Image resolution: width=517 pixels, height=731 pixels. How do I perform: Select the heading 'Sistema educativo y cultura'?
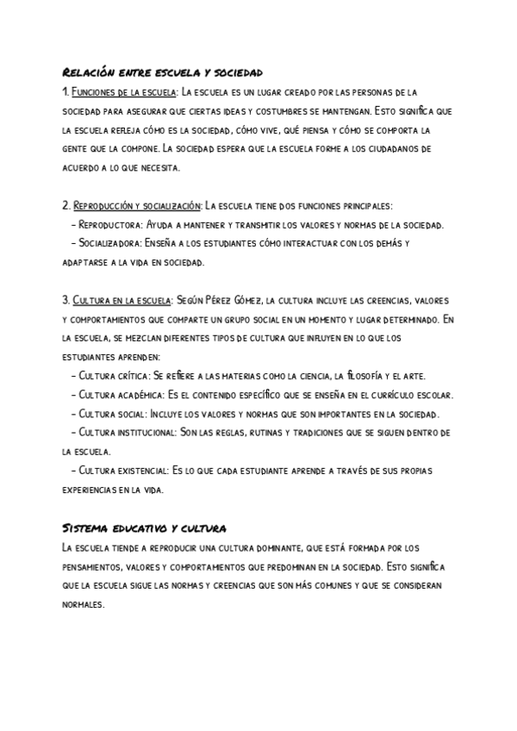[x=145, y=528]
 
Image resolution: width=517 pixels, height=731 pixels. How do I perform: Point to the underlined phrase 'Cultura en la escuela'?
[x=121, y=301]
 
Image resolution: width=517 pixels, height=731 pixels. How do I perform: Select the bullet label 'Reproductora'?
[x=109, y=225]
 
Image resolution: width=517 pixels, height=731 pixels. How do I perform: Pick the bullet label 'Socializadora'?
[x=110, y=243]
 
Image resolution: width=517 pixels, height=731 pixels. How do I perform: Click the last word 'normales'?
[x=83, y=604]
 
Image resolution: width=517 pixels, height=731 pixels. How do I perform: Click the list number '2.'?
[x=66, y=206]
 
